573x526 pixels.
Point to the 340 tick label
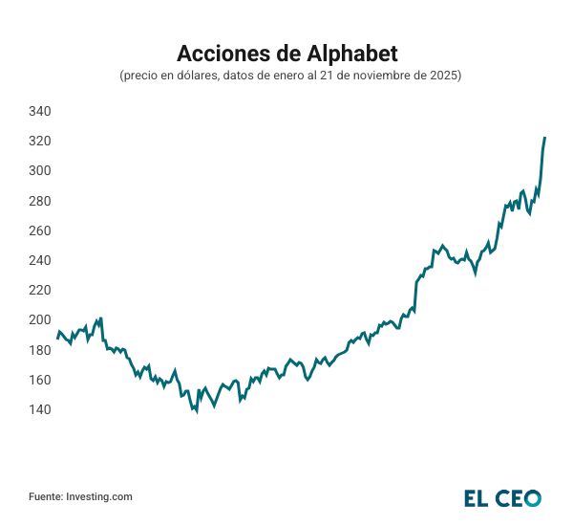39,112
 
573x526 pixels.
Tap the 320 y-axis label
39,142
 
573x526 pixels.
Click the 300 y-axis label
39,171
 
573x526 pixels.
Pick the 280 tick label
39,202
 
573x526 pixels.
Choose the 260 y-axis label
39,231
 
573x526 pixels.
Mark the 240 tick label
39,261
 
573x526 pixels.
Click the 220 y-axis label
39,291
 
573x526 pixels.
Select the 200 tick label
39,320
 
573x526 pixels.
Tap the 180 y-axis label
39,351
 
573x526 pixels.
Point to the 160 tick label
39,381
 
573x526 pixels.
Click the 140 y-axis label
39,410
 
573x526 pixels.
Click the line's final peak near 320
544,139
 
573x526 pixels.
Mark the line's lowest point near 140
196,412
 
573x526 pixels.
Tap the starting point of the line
57,338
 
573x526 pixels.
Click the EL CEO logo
502,498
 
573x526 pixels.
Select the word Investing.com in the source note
99,497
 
